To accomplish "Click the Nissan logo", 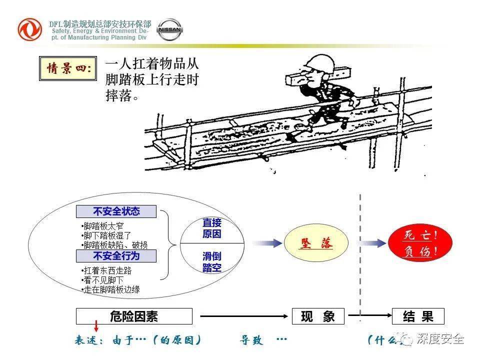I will click(x=170, y=30).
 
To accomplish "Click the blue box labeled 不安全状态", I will click(x=116, y=211).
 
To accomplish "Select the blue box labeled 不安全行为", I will click(x=116, y=256).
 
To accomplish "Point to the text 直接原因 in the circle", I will click(x=211, y=228).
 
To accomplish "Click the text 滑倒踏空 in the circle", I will click(x=211, y=262).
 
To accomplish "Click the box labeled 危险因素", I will click(x=133, y=316).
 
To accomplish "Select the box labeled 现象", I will click(x=318, y=316).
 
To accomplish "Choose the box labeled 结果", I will click(x=418, y=316).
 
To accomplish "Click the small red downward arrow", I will click(x=96, y=327).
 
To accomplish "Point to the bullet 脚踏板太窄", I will click(x=103, y=226).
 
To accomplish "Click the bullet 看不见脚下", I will click(x=103, y=280).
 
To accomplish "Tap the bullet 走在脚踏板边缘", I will click(x=111, y=289).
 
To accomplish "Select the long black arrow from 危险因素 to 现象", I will click(x=245, y=316).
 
